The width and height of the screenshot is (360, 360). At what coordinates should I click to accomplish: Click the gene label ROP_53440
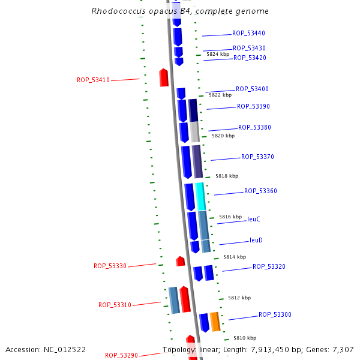pos(248,34)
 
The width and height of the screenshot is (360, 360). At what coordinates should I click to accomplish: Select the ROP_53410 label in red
pos(93,80)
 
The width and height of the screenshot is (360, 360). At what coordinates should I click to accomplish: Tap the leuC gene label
pos(254,220)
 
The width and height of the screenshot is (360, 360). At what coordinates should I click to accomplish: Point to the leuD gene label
pos(256,240)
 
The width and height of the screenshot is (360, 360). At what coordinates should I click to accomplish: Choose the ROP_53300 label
pos(275,314)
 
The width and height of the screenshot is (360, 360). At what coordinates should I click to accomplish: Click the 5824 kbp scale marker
pos(218,54)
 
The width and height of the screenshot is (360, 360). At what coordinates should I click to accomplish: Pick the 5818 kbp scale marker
pos(227,176)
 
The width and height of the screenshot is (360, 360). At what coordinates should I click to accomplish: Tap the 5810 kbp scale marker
pos(245,338)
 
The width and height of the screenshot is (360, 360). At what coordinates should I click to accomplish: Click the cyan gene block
pos(200,196)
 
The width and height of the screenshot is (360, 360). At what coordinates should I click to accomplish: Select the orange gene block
pos(215,322)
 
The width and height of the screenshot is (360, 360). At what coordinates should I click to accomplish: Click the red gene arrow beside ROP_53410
pos(164,77)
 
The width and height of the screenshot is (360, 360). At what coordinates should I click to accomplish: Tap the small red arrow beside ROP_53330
pos(180,261)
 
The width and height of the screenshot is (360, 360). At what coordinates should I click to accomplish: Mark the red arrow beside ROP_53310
pos(185,299)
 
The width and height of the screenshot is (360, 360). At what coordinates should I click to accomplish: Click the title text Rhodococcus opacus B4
pos(180,11)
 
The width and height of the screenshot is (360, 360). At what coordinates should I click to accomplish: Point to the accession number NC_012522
pos(46,349)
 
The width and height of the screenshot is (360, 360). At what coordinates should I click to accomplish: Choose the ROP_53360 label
pos(260,191)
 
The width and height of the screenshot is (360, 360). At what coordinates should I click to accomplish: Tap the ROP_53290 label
pos(121,355)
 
